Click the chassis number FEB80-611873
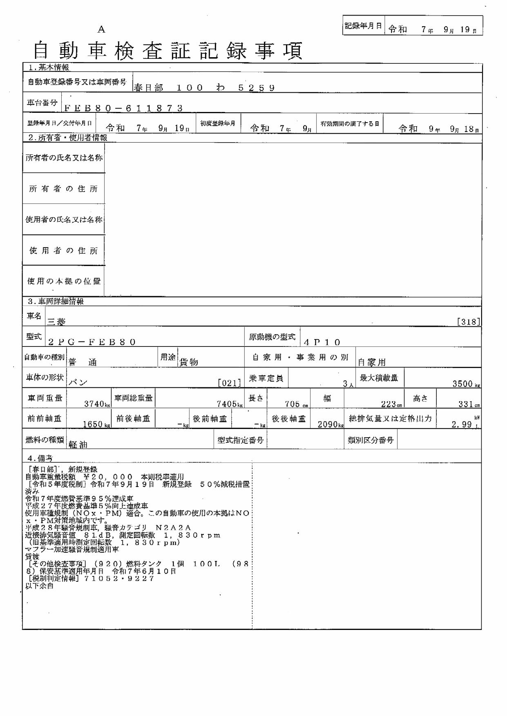coord(123,108)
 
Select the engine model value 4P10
coord(322,342)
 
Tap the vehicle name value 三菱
coord(56,322)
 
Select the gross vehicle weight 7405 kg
coord(230,404)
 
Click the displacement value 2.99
coord(462,424)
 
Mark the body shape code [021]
coord(229,383)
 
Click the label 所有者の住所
coord(63,189)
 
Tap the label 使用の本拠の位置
coord(64,281)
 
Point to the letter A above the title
coord(101,29)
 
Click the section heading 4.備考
coord(40,458)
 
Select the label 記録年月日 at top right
coord(363,26)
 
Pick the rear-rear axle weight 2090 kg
coord(331,424)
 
